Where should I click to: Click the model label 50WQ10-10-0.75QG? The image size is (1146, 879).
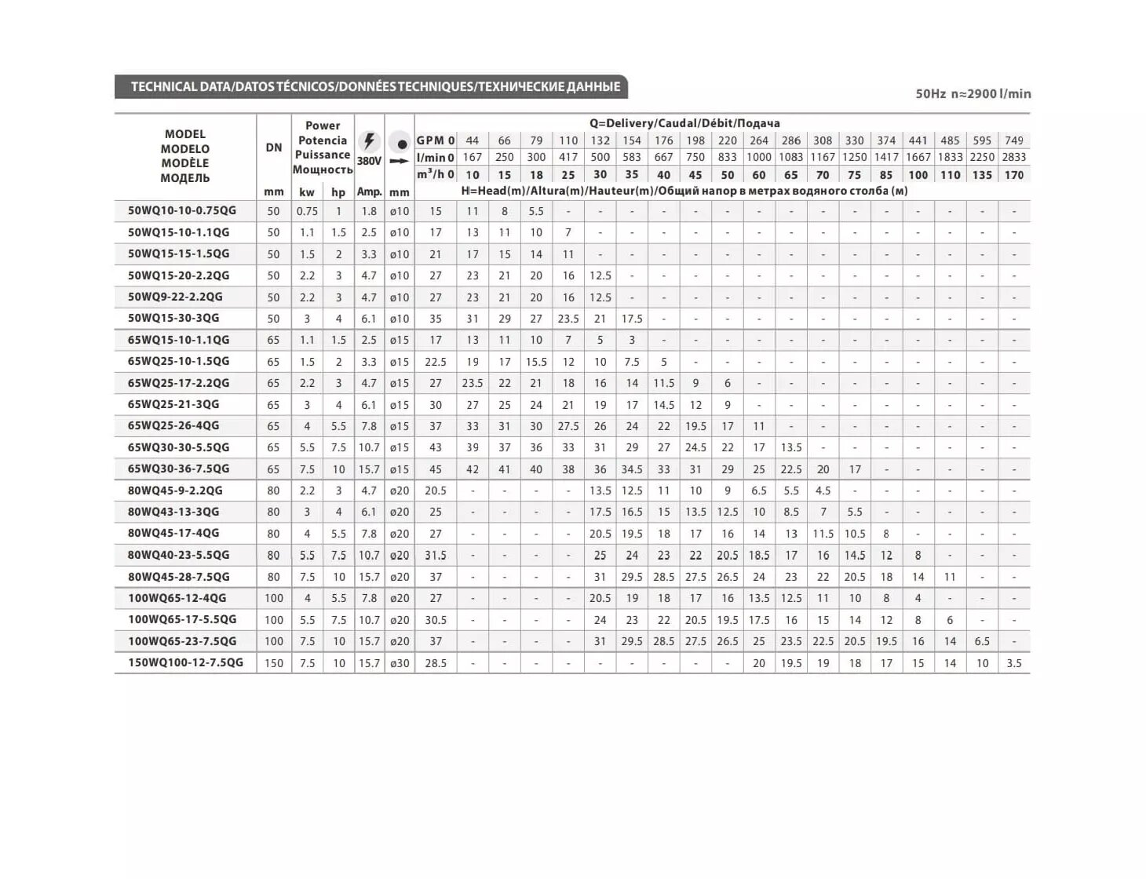pos(181,210)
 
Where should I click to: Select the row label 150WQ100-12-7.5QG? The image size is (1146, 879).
pos(185,662)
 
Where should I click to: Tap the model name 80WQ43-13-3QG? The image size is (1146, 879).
pos(173,512)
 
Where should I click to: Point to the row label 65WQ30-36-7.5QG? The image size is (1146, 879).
pos(178,469)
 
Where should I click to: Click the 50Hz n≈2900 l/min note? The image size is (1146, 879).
pos(973,93)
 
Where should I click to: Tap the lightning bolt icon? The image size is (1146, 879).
pos(369,141)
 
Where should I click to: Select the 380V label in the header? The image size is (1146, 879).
pos(369,161)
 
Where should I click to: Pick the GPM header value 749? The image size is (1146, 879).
pos(1013,140)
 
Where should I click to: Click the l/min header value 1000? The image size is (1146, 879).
pos(758,157)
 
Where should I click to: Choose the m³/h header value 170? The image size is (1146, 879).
pos(1013,175)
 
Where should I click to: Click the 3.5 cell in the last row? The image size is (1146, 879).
pos(1013,663)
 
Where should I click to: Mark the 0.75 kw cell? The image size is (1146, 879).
pos(307,211)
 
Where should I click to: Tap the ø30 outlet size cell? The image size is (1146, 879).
pos(400,663)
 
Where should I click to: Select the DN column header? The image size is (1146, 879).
pos(273,148)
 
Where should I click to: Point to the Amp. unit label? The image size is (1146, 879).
pos(369,191)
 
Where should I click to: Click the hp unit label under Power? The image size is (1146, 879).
pos(338,192)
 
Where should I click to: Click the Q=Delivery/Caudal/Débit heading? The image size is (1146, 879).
pos(684,123)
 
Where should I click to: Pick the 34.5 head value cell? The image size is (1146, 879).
pos(632,469)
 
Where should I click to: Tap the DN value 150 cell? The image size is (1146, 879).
pos(273,663)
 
